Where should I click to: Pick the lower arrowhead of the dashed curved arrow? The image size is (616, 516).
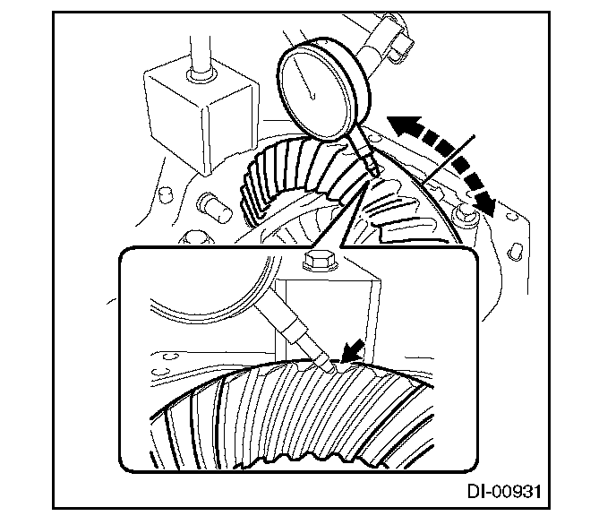point(489,203)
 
